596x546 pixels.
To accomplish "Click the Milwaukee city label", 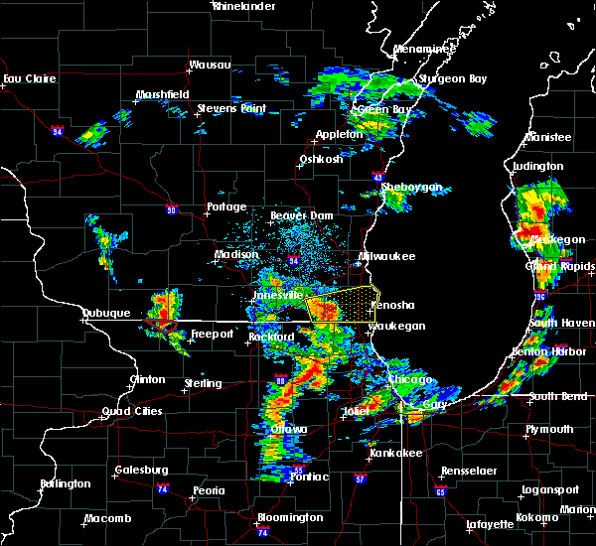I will click(387, 256).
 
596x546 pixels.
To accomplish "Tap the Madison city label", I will click(237, 255).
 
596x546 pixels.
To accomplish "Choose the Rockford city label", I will click(271, 338).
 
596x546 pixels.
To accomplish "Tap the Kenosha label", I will click(394, 306).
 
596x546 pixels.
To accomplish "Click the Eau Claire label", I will click(27, 78).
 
